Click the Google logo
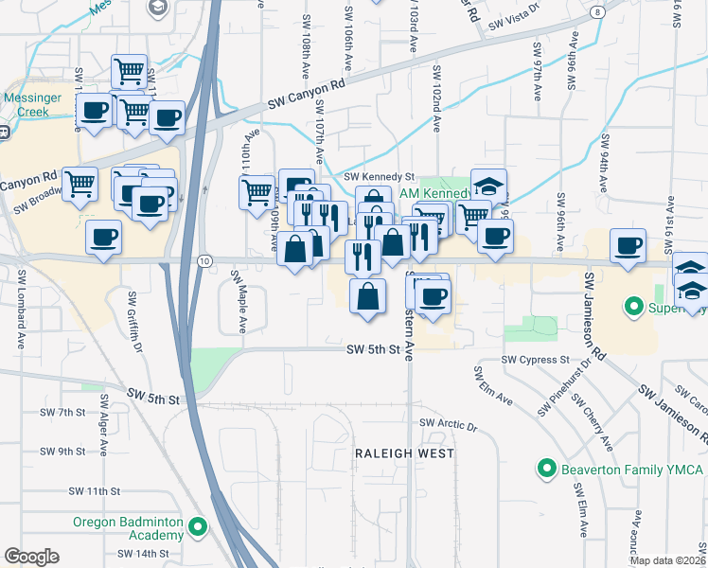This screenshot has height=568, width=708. [x=30, y=557]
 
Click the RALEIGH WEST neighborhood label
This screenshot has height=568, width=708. [x=404, y=453]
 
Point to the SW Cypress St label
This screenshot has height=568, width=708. [x=535, y=361]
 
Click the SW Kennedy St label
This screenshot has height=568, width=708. [x=380, y=176]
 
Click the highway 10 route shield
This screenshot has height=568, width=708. [x=204, y=260]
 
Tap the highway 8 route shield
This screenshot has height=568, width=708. [x=598, y=12]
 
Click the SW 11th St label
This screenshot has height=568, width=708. [x=94, y=491]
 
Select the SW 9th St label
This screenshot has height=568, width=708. [x=63, y=451]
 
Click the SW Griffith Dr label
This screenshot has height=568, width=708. [x=137, y=322]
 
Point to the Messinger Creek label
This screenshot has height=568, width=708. [x=26, y=103]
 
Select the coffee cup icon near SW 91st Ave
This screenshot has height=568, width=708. [x=628, y=246]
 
